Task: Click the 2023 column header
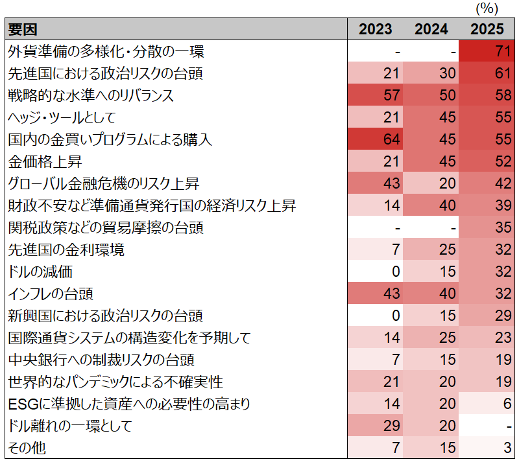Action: (376, 29)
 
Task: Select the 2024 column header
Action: (431, 29)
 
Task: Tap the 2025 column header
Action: (487, 29)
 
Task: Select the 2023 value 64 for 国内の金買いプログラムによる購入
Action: (392, 139)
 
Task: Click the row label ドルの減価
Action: (40, 272)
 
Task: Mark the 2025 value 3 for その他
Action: (507, 448)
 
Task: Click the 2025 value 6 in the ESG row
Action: (507, 404)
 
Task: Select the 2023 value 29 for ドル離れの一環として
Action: (392, 426)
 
